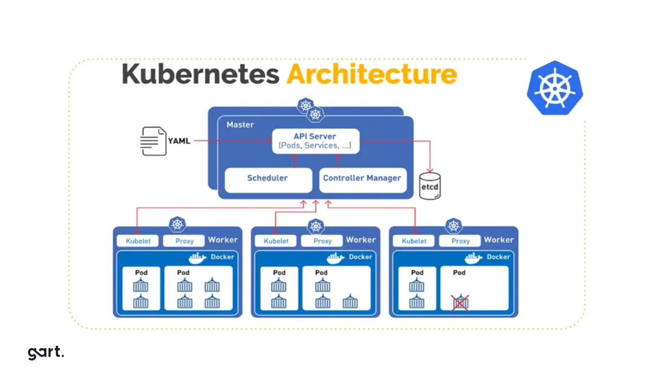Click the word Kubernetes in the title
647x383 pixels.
point(200,74)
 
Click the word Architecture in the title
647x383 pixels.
point(372,74)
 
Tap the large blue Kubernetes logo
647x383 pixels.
point(555,88)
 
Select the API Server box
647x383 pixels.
point(315,141)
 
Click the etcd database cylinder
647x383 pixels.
point(430,187)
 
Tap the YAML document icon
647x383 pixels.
point(153,141)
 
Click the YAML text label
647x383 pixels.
point(179,141)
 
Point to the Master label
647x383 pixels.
point(240,125)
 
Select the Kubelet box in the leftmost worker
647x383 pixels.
point(138,241)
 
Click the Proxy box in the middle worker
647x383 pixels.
point(322,241)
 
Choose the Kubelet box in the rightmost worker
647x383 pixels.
point(414,241)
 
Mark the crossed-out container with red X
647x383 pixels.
point(460,302)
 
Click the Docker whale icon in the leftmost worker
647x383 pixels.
point(197,258)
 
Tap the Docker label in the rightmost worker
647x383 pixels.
point(498,257)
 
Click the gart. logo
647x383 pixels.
point(46,352)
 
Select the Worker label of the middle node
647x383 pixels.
point(361,240)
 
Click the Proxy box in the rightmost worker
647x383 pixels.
point(460,241)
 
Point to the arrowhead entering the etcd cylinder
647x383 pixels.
point(430,170)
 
